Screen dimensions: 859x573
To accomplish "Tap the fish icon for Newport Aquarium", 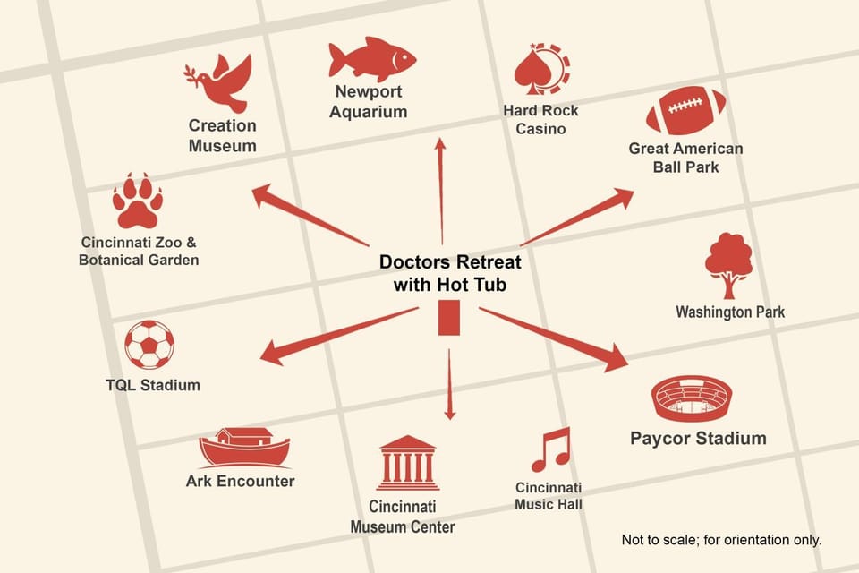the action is pyautogui.click(x=372, y=59).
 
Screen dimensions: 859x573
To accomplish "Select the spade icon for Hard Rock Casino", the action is pyautogui.click(x=542, y=69).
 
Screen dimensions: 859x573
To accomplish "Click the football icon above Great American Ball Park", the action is pyautogui.click(x=686, y=110).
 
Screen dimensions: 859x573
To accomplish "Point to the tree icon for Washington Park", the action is pyautogui.click(x=728, y=265).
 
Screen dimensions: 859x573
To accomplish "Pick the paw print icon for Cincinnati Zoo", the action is pyautogui.click(x=138, y=201).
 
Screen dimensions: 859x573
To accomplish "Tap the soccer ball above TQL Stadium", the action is pyautogui.click(x=149, y=345).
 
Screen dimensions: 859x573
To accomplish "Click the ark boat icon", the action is pyautogui.click(x=244, y=448).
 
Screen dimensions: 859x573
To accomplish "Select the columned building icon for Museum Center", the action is pyautogui.click(x=407, y=463).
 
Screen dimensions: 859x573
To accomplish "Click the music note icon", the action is pyautogui.click(x=551, y=449).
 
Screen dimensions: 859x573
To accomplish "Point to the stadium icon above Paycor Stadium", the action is pyautogui.click(x=692, y=398).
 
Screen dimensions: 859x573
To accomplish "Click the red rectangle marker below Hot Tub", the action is pyautogui.click(x=448, y=318).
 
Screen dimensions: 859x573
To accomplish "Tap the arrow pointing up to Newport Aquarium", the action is pyautogui.click(x=441, y=191).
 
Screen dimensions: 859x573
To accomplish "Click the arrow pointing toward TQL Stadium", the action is pyautogui.click(x=338, y=336).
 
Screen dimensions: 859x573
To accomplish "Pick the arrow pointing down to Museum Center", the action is pyautogui.click(x=449, y=384).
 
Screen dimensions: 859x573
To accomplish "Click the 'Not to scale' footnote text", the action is pyautogui.click(x=721, y=540).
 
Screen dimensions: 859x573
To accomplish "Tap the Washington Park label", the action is pyautogui.click(x=730, y=312).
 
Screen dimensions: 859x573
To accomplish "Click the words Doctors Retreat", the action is pyautogui.click(x=450, y=261).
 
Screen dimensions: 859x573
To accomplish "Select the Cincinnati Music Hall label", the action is pyautogui.click(x=549, y=496).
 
